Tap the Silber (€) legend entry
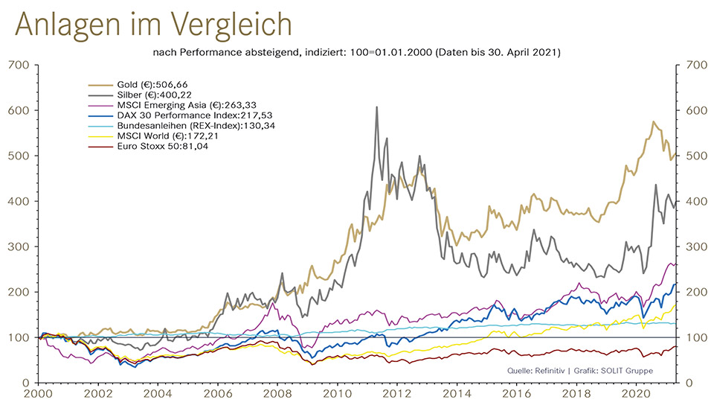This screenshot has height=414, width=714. [x=149, y=95]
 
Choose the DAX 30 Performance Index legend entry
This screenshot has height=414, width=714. [x=185, y=116]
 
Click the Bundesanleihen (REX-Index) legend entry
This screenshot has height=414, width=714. [x=189, y=127]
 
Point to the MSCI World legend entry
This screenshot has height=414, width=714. [x=164, y=137]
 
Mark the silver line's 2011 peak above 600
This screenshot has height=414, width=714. [x=376, y=107]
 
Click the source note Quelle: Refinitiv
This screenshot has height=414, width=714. [x=536, y=370]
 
